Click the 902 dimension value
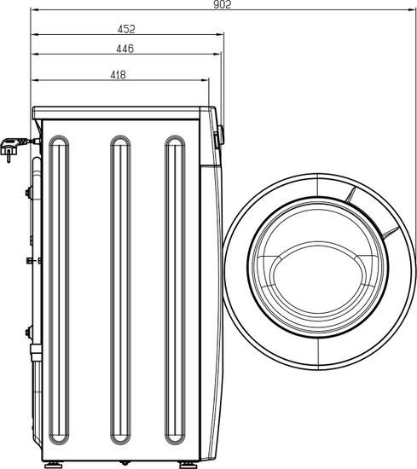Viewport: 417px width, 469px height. tap(222, 4)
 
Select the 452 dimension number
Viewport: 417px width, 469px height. tap(126, 29)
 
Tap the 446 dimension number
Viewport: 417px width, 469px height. tap(125, 49)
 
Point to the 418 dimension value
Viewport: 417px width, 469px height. tap(119, 75)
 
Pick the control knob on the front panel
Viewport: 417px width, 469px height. tap(221, 136)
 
